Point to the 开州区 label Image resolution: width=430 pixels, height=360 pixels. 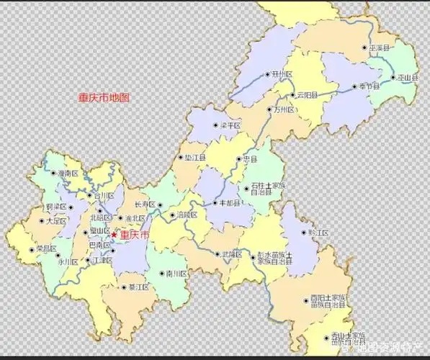(x=282, y=74)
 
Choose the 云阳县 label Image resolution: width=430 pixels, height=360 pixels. (x=307, y=95)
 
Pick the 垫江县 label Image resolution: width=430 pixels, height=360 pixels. (x=195, y=156)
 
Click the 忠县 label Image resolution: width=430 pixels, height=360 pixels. (x=250, y=159)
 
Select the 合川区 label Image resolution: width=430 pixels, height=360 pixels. (x=104, y=195)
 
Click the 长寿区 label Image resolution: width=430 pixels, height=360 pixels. (x=145, y=204)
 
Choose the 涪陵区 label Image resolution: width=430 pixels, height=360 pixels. (x=187, y=215)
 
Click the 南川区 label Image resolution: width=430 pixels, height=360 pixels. (x=176, y=274)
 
